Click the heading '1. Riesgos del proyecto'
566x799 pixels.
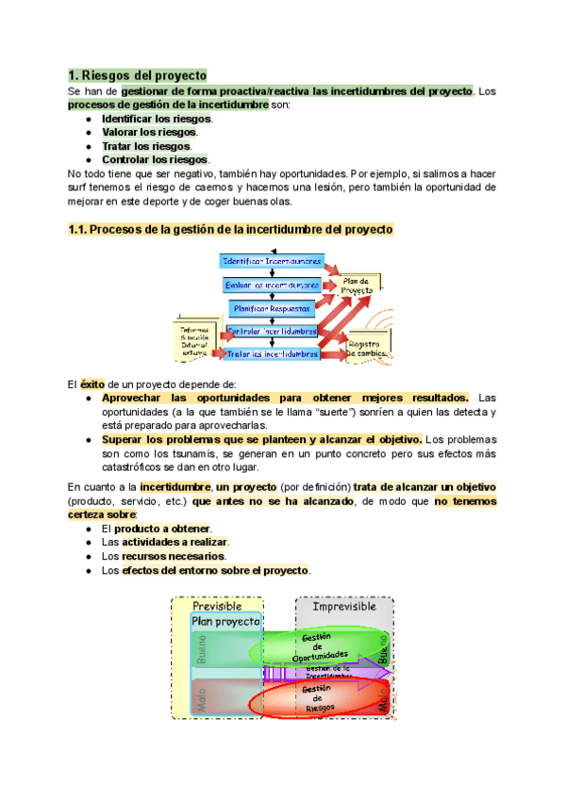pos(138,74)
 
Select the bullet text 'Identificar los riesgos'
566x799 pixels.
pos(157,119)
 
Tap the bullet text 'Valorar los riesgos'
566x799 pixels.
pos(149,133)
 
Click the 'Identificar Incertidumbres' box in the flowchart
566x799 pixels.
pos(272,260)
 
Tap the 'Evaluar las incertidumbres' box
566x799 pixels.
pos(272,284)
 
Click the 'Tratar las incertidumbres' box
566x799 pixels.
pos(273,354)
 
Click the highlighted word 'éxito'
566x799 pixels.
pos(92,383)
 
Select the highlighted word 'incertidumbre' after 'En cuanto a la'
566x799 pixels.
pos(175,487)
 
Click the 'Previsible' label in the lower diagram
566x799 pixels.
pos(218,607)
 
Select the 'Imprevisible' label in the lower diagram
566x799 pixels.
pos(345,607)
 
